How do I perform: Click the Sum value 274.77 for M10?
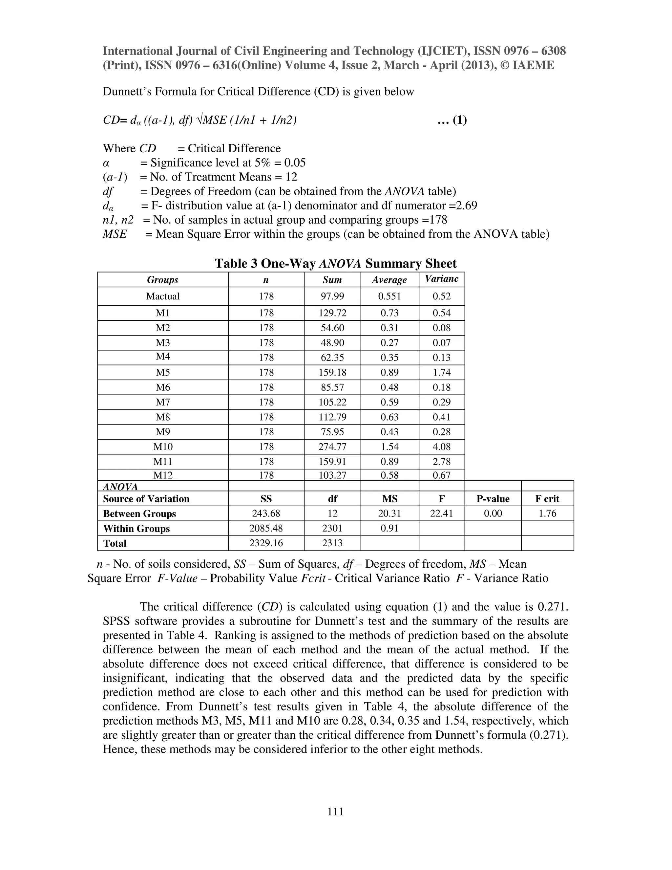point(332,446)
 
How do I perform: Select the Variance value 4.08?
point(442,446)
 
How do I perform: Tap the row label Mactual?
point(162,296)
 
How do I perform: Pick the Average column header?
point(389,280)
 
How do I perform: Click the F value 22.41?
point(442,513)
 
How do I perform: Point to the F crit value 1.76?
point(547,513)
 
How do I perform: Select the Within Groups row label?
point(136,528)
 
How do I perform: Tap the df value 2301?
point(332,528)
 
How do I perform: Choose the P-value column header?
point(493,499)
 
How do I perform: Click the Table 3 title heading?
point(336,263)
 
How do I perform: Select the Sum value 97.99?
point(332,296)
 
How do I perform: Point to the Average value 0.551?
point(389,296)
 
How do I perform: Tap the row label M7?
point(162,402)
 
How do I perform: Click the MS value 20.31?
point(389,513)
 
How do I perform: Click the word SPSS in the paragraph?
point(116,621)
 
